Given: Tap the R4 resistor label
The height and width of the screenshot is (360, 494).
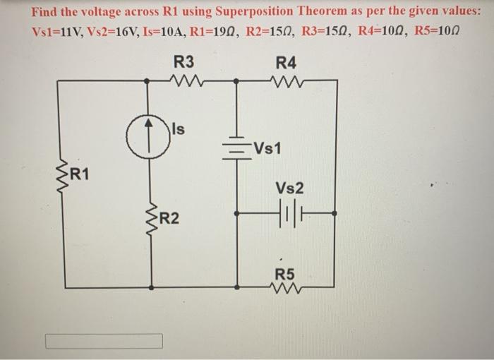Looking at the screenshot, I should coord(287,62).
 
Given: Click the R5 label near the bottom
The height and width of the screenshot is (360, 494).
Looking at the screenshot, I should coord(284,273).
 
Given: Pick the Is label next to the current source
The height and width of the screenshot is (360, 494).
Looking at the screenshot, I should coord(179,129).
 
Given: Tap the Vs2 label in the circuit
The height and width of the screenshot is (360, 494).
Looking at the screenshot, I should coord(290,188).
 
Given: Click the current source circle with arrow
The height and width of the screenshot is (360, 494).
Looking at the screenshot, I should coord(147,131).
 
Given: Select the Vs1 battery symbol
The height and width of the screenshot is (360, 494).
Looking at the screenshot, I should coord(237,148).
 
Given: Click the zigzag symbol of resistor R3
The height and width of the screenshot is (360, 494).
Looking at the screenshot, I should coord(187,80).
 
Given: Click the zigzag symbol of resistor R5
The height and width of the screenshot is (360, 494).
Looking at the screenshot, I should coord(285,287).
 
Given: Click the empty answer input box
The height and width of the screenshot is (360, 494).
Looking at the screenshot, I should coord(104,341).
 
